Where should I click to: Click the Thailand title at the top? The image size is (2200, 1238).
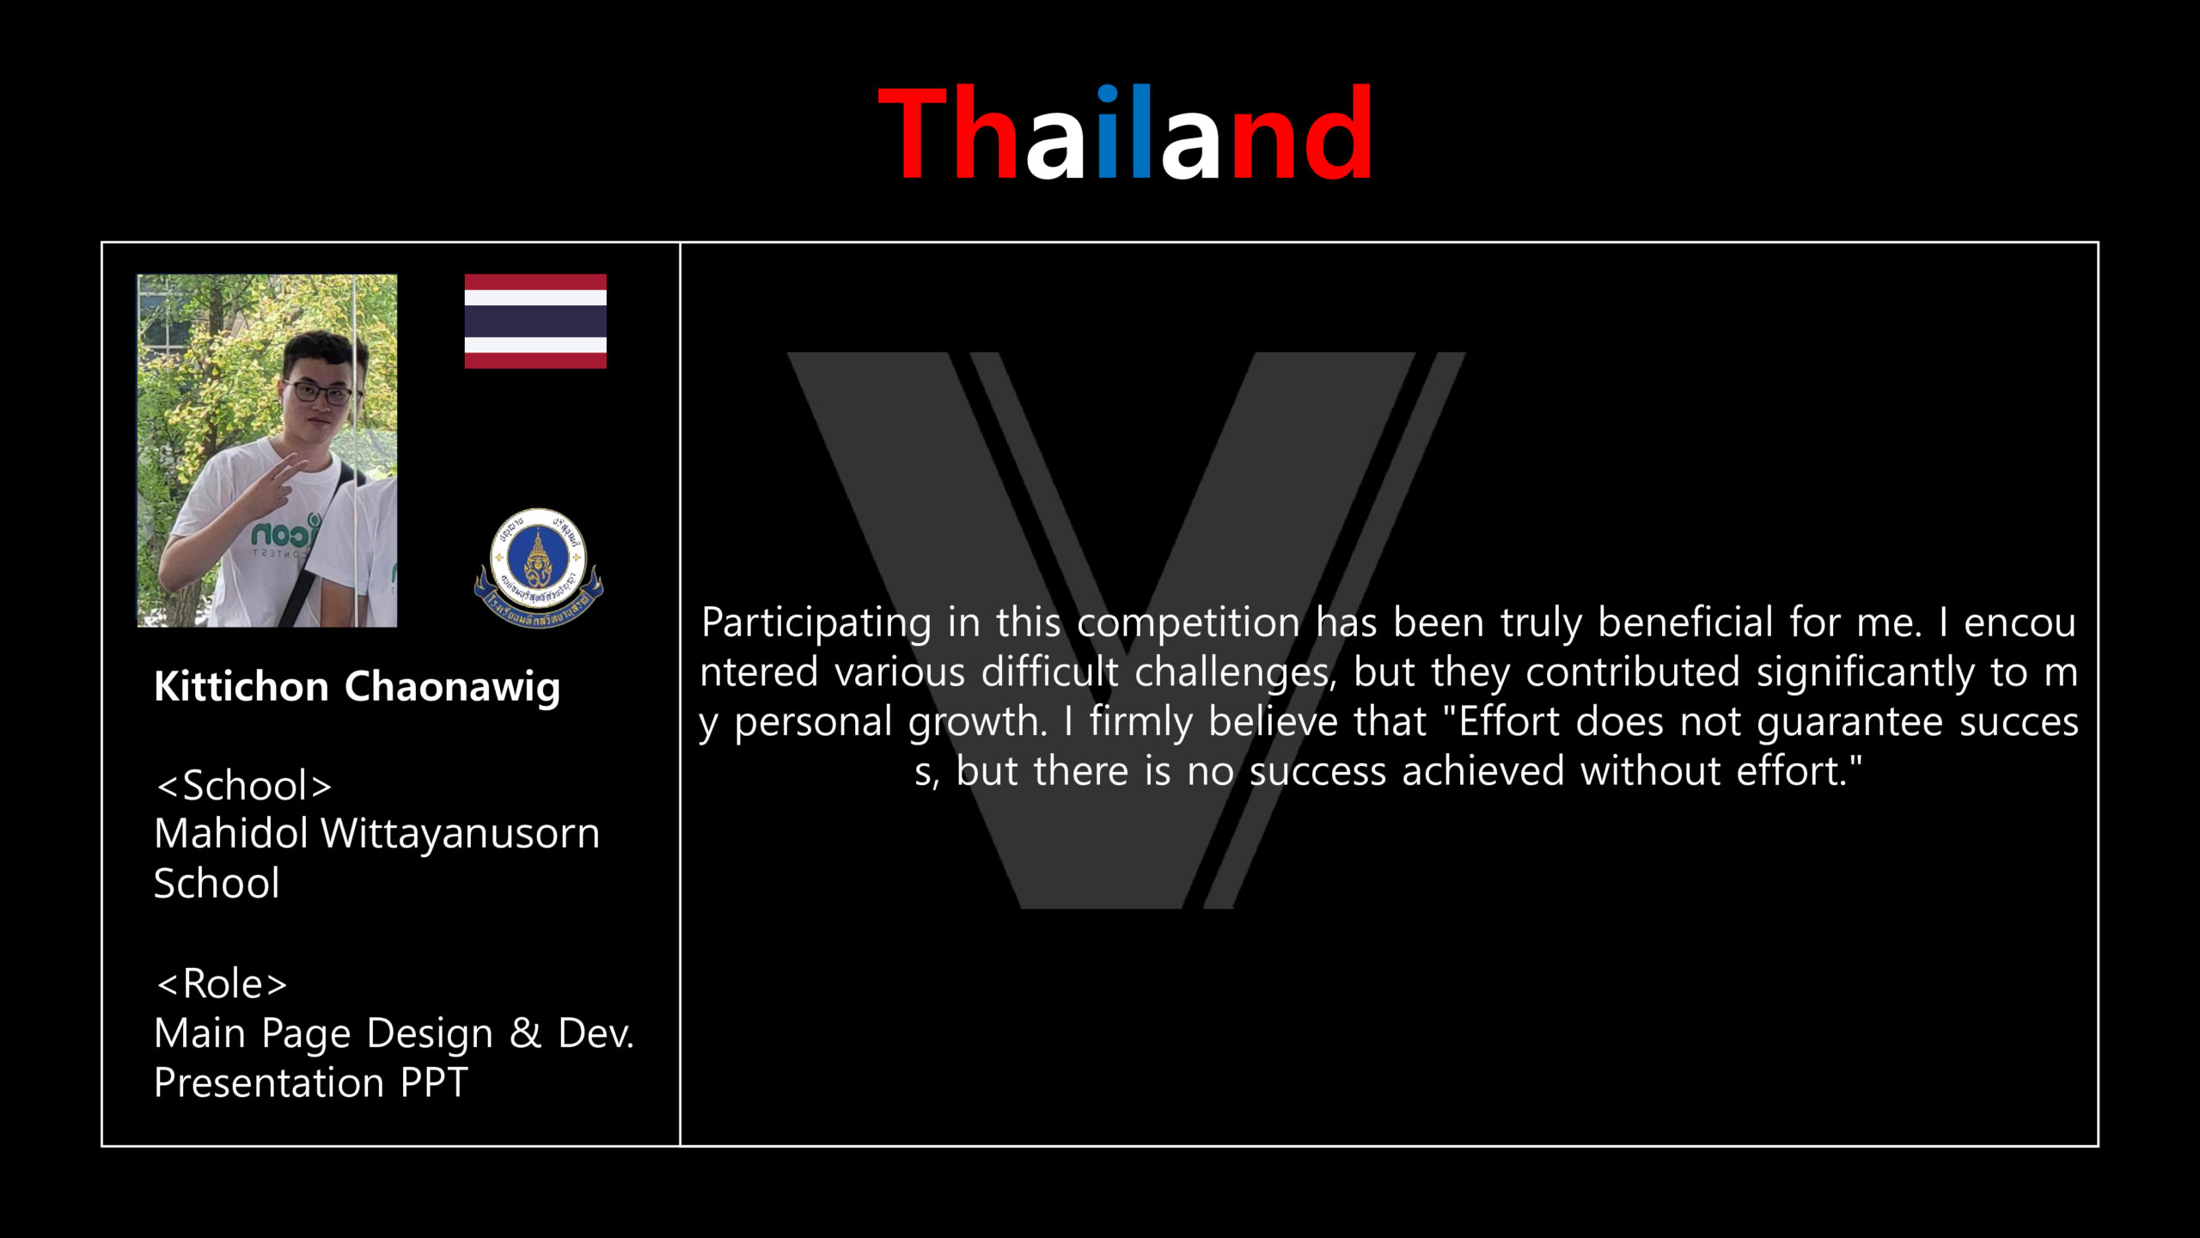pos(1125,132)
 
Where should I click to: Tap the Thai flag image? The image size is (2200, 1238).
pos(535,322)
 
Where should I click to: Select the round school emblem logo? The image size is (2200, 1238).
pos(539,567)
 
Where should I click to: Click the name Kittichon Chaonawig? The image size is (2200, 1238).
pos(357,688)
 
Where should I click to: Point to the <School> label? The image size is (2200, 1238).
pos(244,786)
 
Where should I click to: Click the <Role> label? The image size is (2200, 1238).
pos(222,984)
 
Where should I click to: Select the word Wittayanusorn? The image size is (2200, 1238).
pos(460,833)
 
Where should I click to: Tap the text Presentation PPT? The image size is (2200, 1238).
pos(310,1082)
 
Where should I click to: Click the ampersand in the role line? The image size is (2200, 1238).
pos(525,1033)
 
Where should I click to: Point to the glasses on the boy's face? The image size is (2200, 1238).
pos(320,393)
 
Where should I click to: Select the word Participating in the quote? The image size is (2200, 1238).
pos(816,623)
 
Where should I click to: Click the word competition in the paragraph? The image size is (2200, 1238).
pos(1189,623)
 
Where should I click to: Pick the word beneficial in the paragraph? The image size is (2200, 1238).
pos(1685,622)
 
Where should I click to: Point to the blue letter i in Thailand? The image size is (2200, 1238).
pos(1109,132)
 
